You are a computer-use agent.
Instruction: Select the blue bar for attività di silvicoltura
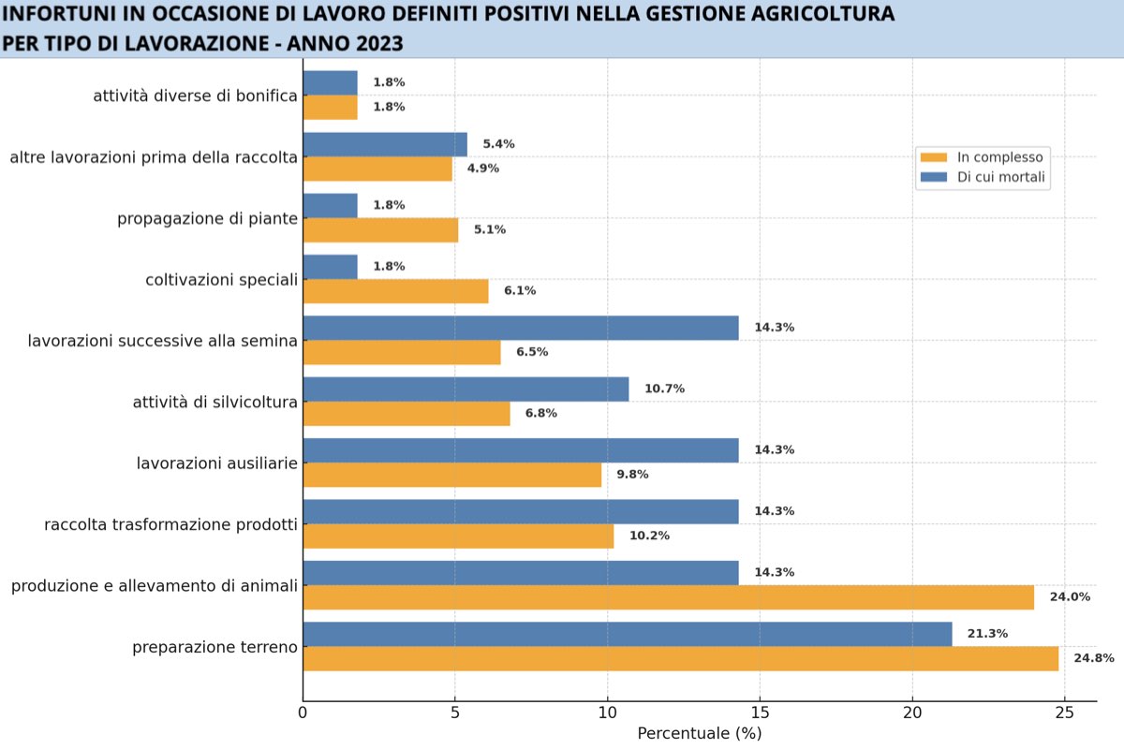pyautogui.click(x=466, y=389)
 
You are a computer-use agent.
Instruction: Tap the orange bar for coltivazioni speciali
pyautogui.click(x=395, y=291)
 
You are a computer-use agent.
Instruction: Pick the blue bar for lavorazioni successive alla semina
pyautogui.click(x=521, y=328)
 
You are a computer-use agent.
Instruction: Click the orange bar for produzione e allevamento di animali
pyautogui.click(x=668, y=597)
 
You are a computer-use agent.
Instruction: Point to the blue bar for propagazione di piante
pyautogui.click(x=330, y=206)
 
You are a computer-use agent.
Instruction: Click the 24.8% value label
pyautogui.click(x=1093, y=658)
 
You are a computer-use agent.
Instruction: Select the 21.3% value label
pyautogui.click(x=987, y=634)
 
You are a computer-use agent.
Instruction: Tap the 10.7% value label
pyautogui.click(x=664, y=389)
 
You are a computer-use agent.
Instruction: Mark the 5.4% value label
pyautogui.click(x=498, y=144)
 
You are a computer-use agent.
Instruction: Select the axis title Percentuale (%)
pyautogui.click(x=699, y=733)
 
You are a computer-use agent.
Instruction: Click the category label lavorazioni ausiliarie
pyautogui.click(x=216, y=463)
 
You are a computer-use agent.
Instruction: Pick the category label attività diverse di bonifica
pyautogui.click(x=195, y=95)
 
